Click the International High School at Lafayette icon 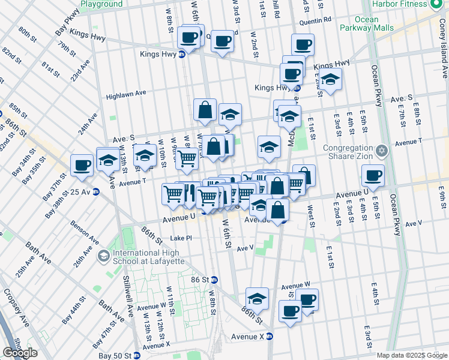coord(103,256)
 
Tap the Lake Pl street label coord(181,238)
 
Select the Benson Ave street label coord(85,232)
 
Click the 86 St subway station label coord(201,280)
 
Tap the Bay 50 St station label coord(118,355)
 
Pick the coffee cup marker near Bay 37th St coord(82,165)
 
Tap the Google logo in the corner coord(20,353)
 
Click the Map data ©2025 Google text coord(412,355)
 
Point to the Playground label coord(101,4)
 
